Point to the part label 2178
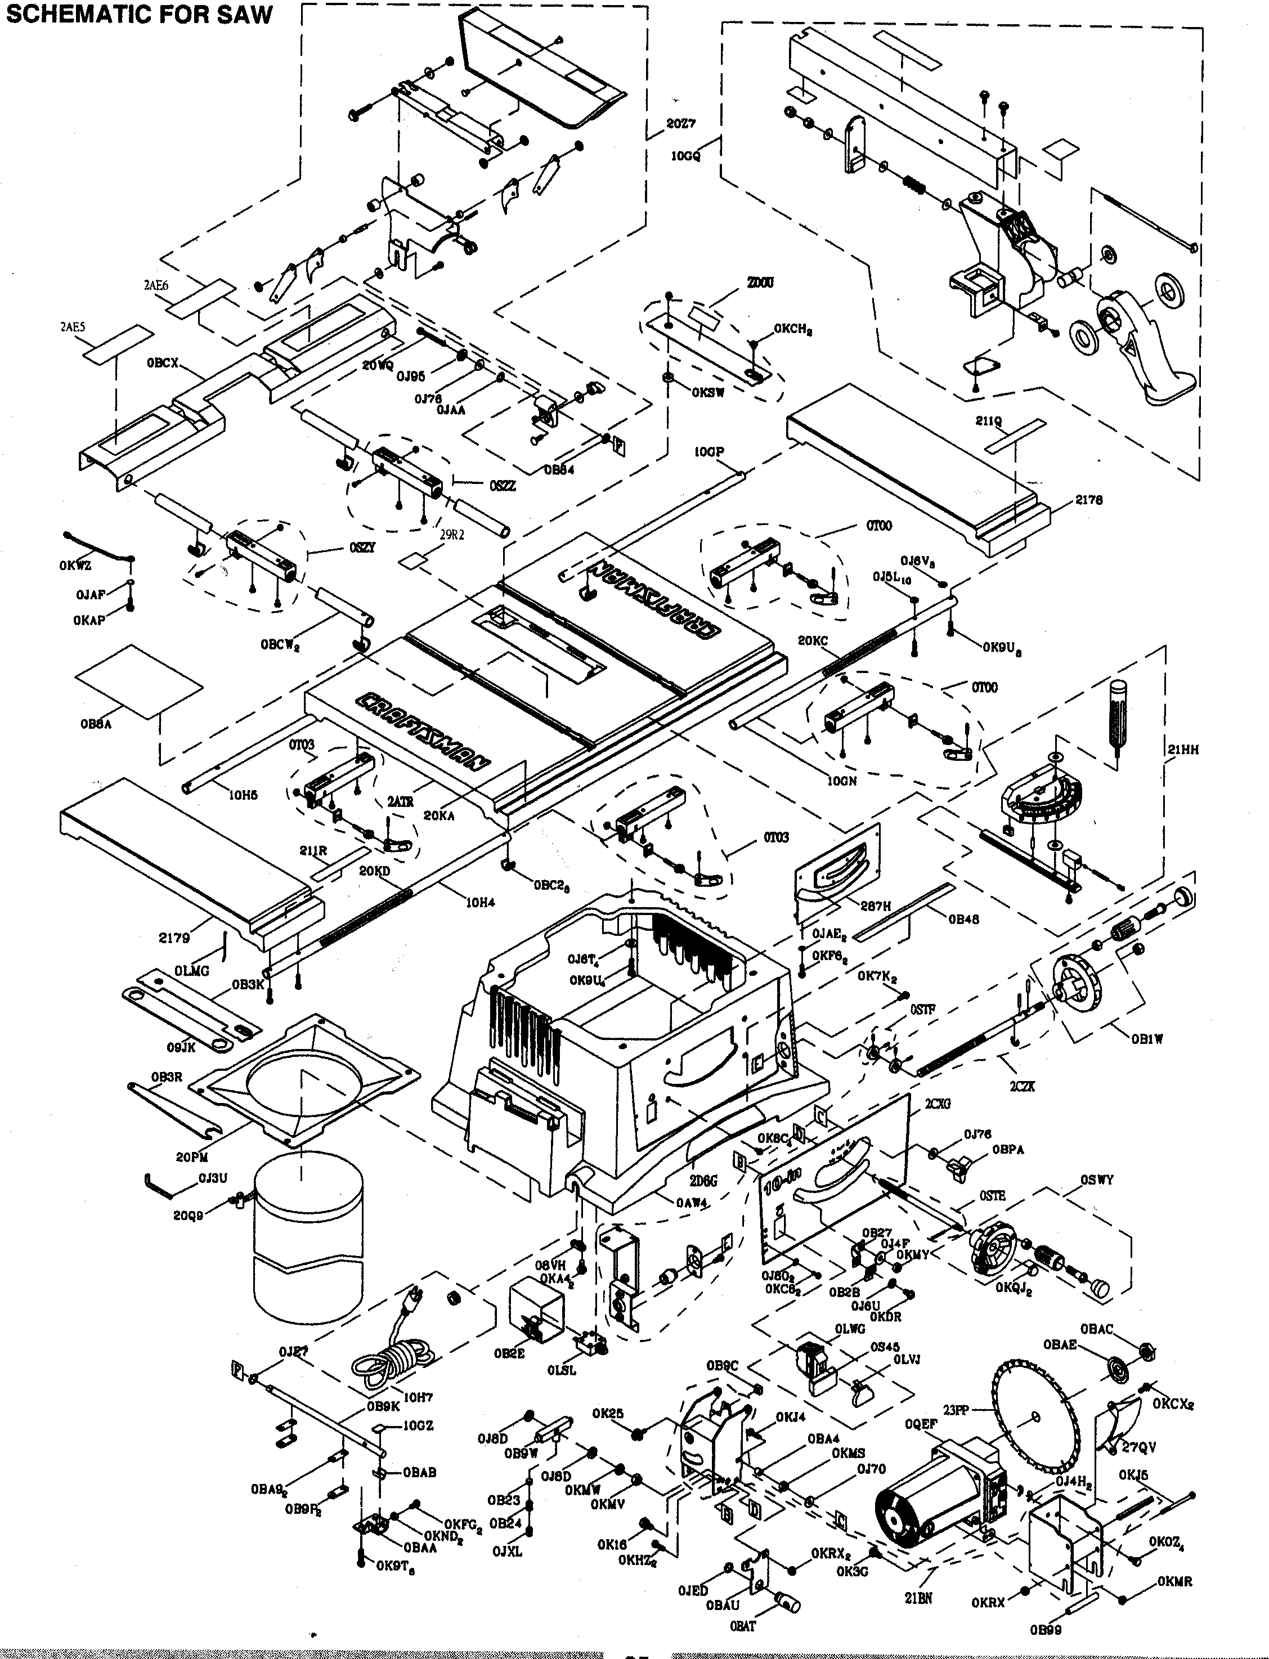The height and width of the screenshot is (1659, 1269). tap(1089, 500)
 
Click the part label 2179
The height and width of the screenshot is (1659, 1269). tap(174, 938)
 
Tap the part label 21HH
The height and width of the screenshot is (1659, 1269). tap(1183, 750)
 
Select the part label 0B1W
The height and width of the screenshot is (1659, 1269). tap(1147, 1039)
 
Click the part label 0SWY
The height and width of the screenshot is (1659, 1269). tap(1096, 1180)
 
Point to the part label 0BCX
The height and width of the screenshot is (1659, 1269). tap(163, 362)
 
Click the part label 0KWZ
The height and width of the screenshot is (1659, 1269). tap(75, 566)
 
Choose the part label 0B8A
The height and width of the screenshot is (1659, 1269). tap(96, 724)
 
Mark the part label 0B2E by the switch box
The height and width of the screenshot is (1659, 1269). tap(509, 1354)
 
